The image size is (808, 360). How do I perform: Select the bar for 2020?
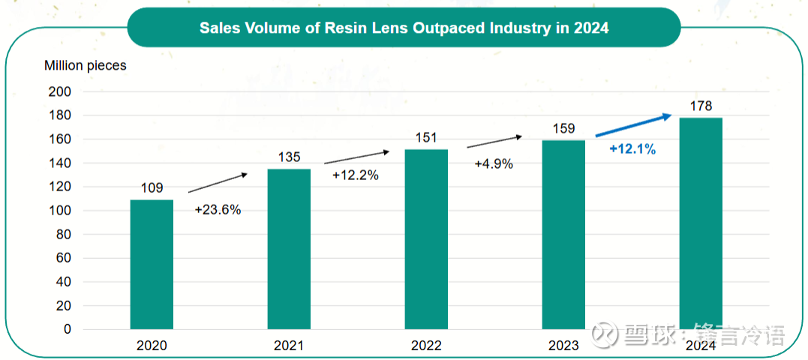pyautogui.click(x=152, y=264)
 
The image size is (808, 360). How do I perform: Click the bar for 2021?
pyautogui.click(x=289, y=249)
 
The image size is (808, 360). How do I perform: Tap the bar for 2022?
pyautogui.click(x=426, y=239)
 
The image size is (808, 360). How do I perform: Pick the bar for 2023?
pyautogui.click(x=563, y=235)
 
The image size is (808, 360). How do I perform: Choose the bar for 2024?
pyautogui.click(x=701, y=223)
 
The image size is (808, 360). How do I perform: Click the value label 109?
pyautogui.click(x=151, y=188)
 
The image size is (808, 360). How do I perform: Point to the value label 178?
pyautogui.click(x=701, y=106)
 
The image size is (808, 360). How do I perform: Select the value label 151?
pyautogui.click(x=426, y=138)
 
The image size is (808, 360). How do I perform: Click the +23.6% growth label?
pyautogui.click(x=218, y=210)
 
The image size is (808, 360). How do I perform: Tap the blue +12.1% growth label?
pyautogui.click(x=632, y=149)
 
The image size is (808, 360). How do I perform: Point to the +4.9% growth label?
pyautogui.click(x=494, y=163)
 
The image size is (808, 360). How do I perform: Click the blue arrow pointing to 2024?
pyautogui.click(x=634, y=125)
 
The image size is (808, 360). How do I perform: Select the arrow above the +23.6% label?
pyautogui.click(x=218, y=184)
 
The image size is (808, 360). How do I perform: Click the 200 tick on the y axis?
pyautogui.click(x=60, y=91)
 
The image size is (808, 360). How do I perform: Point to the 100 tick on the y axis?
pyautogui.click(x=60, y=211)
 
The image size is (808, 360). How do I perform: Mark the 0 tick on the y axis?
pyautogui.click(x=67, y=329)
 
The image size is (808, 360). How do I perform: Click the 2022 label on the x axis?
pyautogui.click(x=426, y=346)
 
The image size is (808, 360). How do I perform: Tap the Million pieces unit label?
pyautogui.click(x=86, y=65)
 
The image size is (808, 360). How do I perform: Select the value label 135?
pyautogui.click(x=289, y=157)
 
